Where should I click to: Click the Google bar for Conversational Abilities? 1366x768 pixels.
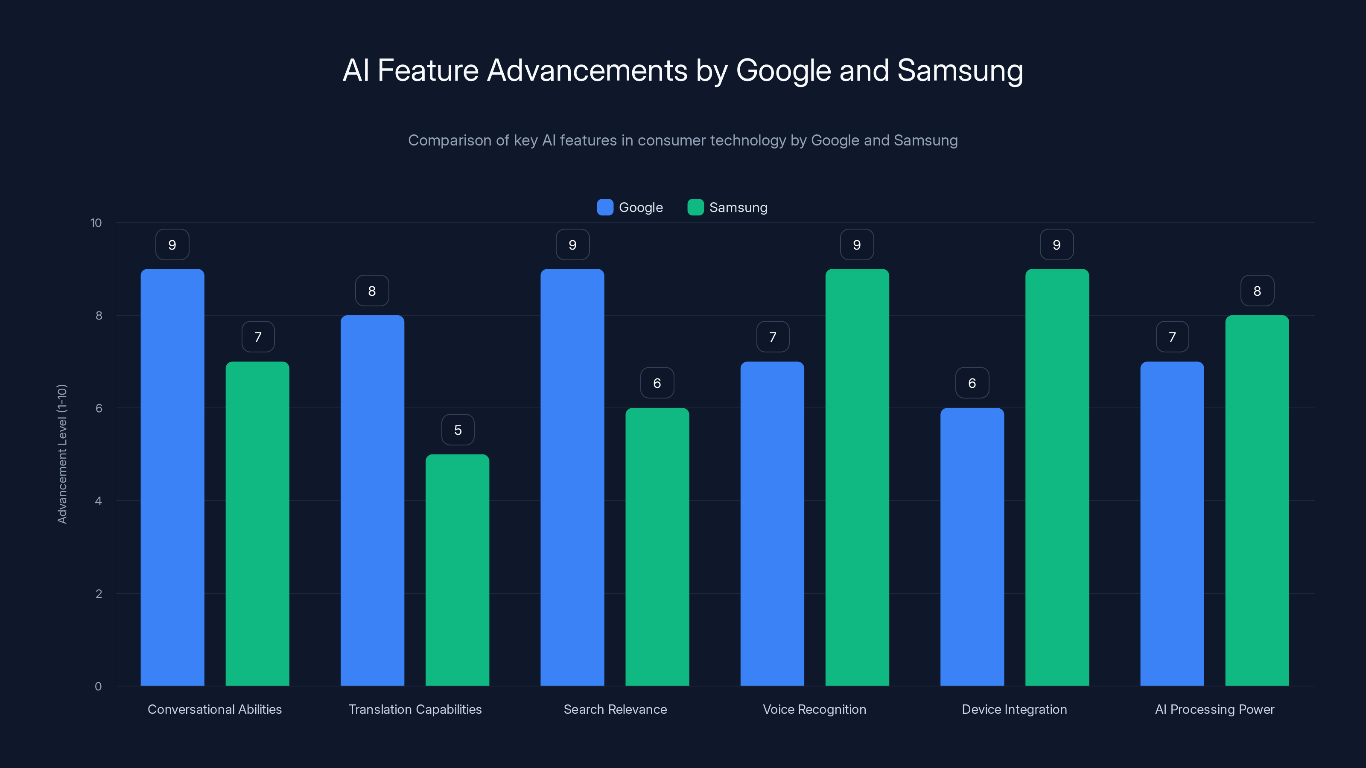(x=172, y=477)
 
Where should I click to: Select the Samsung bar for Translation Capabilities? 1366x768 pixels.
(x=457, y=570)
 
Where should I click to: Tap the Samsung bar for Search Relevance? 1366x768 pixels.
(x=657, y=547)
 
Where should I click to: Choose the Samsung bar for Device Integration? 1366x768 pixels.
(x=1057, y=477)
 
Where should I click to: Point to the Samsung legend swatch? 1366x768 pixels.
(x=695, y=207)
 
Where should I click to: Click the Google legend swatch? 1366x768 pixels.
(x=605, y=207)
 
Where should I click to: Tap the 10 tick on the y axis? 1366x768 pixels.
(x=96, y=223)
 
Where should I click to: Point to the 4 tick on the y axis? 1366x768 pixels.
(x=98, y=501)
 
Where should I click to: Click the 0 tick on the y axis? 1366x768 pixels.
(x=98, y=687)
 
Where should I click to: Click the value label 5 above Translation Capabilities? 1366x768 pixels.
(x=458, y=430)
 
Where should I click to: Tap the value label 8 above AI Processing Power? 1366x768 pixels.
(x=1257, y=291)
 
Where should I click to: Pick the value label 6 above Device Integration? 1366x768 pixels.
(x=972, y=383)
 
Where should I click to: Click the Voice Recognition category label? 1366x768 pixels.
(x=814, y=709)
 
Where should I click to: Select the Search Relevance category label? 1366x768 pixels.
(x=615, y=709)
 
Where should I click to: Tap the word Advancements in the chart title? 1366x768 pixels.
(x=587, y=70)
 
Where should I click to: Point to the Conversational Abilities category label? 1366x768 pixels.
(x=215, y=709)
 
